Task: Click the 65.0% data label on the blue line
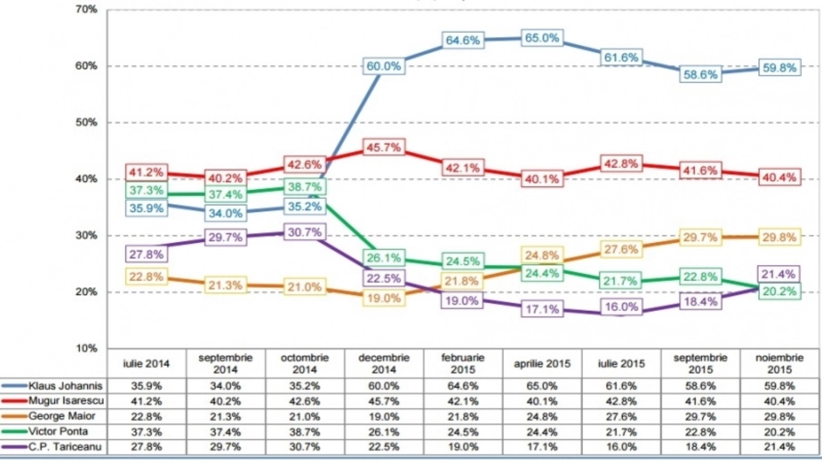tap(541, 38)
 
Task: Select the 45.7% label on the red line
tap(383, 148)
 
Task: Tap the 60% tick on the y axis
tap(87, 66)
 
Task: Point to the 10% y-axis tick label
tap(87, 349)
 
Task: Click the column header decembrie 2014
tap(384, 363)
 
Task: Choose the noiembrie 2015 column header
tap(779, 363)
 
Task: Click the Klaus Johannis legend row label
tap(65, 386)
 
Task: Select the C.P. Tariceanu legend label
tap(65, 447)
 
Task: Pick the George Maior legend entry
tap(62, 416)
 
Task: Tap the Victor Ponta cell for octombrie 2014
tap(305, 432)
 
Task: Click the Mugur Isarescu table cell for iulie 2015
tap(621, 401)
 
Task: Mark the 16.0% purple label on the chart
tap(621, 307)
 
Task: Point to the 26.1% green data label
tap(383, 258)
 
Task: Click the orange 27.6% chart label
tap(621, 250)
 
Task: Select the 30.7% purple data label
tap(305, 233)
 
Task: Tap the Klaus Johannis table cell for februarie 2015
tap(463, 386)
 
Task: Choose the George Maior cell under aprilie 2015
tap(541, 416)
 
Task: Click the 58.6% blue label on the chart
tap(700, 75)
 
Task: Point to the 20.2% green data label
tap(779, 292)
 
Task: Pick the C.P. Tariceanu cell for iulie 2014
tap(146, 447)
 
